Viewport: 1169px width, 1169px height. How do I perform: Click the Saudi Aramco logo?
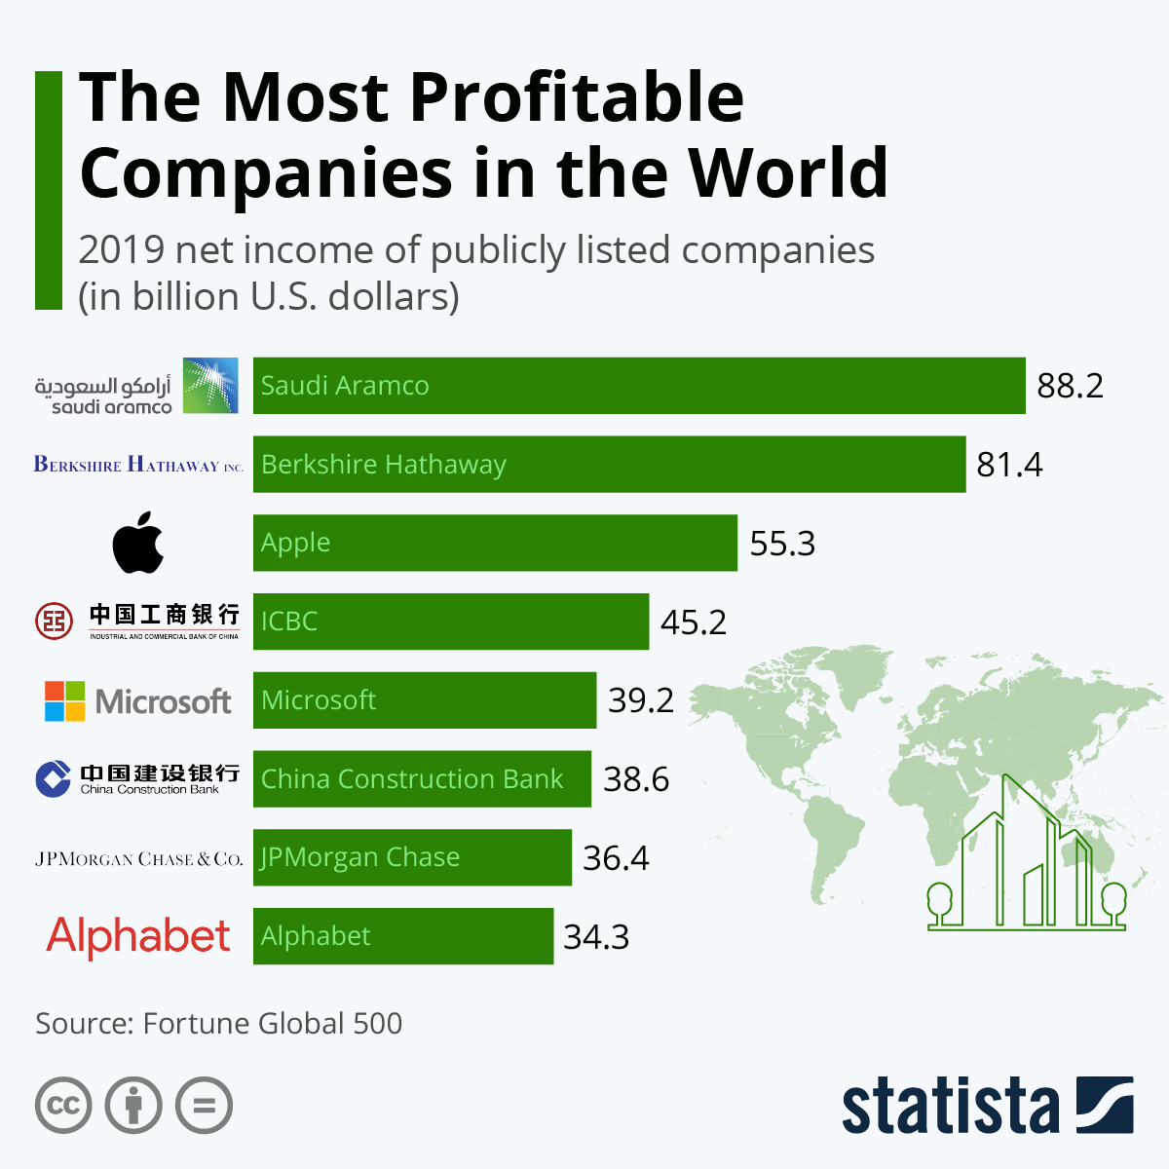137,386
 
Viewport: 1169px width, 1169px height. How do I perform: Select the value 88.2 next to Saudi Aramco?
1070,386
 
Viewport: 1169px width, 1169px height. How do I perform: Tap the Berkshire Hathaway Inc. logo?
138,465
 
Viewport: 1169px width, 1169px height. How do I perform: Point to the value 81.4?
1009,465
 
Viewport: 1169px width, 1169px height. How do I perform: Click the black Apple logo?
138,543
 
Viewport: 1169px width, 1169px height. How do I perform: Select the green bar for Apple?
495,543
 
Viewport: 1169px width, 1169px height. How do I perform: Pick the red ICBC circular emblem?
54,621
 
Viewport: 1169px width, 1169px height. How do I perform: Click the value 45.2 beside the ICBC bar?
694,622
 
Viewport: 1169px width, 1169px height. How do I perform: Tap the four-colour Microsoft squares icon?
65,700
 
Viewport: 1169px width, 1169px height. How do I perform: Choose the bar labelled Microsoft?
425,700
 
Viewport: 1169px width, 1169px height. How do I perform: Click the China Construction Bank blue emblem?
54,778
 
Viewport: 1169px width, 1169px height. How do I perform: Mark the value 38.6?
636,779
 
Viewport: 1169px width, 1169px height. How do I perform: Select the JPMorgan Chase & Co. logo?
138,858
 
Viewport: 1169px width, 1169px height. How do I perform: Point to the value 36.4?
616,858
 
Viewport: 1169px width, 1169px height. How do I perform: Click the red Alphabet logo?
138,936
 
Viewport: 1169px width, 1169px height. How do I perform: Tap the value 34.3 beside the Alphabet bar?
596,937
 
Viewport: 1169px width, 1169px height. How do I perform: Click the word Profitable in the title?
576,97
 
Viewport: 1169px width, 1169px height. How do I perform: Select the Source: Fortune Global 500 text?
219,1023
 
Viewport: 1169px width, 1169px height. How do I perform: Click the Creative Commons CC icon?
63,1106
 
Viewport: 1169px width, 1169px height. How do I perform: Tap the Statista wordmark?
950,1107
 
